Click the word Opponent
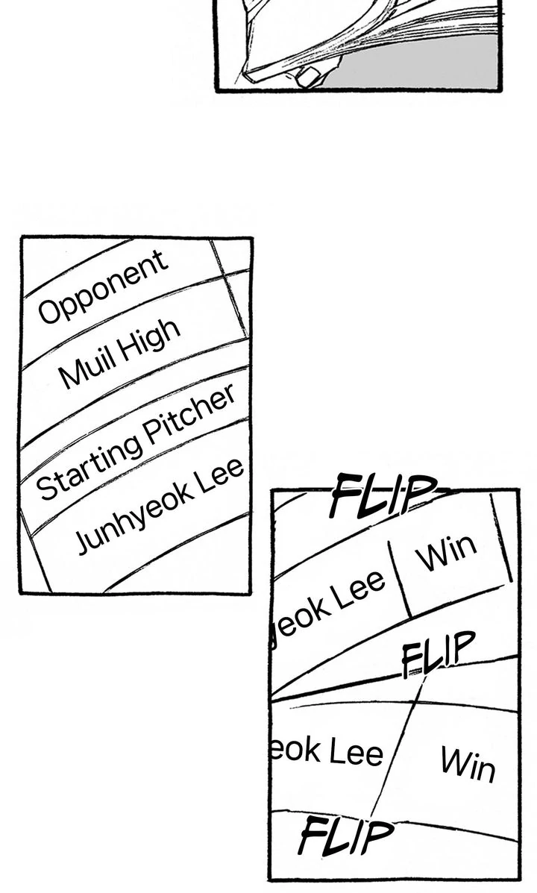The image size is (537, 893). click(103, 286)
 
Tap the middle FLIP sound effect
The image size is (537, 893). click(437, 654)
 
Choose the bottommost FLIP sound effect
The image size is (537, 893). click(345, 836)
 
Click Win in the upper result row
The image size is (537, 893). click(445, 552)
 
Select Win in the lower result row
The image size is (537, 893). click(467, 763)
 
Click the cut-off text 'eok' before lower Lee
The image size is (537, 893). click(295, 750)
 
